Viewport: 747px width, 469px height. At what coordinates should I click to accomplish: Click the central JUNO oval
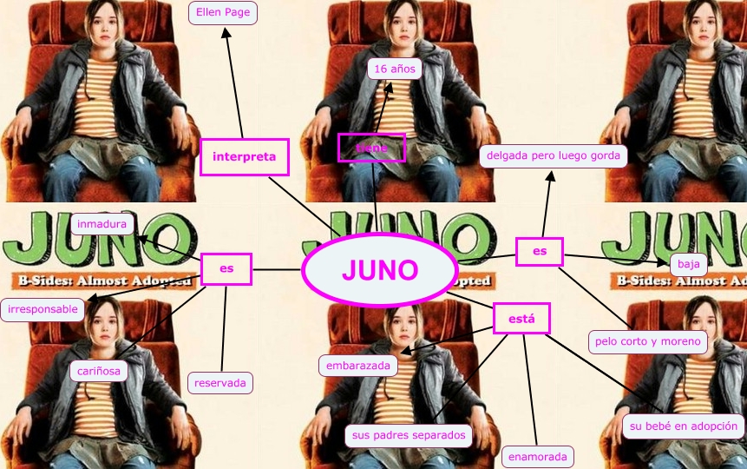point(379,270)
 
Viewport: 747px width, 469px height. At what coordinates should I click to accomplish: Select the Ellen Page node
point(220,12)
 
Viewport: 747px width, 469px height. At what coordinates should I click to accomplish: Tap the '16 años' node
point(395,69)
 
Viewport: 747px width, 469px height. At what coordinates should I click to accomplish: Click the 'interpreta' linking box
point(244,156)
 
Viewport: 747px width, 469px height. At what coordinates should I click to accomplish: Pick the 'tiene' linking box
point(371,148)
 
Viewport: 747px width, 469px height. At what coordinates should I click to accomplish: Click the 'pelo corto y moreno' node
point(648,341)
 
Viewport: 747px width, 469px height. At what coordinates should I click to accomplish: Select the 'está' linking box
point(521,319)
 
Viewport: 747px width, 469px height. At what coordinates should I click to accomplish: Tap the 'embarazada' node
point(358,366)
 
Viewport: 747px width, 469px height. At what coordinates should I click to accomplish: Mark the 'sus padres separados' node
point(408,435)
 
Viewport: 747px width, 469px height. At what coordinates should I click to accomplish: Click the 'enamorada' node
point(537,456)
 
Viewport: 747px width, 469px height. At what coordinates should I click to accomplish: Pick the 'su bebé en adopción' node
point(684,426)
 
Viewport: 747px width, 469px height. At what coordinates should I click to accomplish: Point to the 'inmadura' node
point(102,224)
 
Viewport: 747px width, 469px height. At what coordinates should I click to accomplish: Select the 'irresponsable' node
point(43,308)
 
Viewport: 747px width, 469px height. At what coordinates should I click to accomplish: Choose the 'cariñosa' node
point(99,371)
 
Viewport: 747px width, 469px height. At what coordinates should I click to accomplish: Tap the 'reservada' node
point(220,382)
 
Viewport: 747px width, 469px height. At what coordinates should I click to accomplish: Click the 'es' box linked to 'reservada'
point(226,269)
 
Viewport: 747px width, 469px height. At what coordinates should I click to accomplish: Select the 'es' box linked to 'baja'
point(540,252)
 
